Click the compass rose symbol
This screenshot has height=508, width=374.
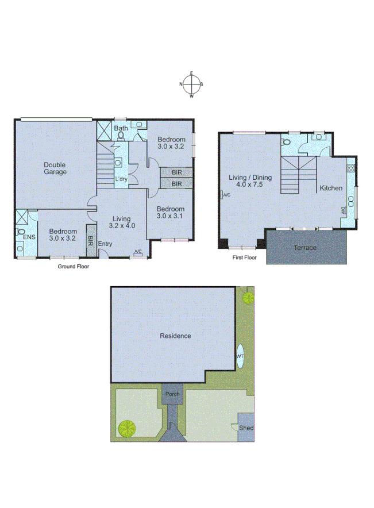tap(191, 84)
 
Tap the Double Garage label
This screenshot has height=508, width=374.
tap(56, 168)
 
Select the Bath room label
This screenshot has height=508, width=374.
tap(121, 128)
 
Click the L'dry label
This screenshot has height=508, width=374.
tap(121, 179)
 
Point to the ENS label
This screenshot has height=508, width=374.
tap(29, 236)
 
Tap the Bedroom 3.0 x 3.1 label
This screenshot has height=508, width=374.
tap(171, 212)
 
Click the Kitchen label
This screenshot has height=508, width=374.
tap(331, 188)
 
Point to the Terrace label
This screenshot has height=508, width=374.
tap(305, 247)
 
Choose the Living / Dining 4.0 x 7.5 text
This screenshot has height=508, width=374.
tap(246, 181)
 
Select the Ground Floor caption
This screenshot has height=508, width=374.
tap(74, 267)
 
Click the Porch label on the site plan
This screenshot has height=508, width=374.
tap(172, 394)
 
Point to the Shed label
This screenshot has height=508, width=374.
tap(247, 428)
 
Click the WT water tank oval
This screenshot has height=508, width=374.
tap(241, 356)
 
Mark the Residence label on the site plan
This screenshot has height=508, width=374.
tap(175, 336)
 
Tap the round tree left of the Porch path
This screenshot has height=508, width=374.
tap(126, 428)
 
